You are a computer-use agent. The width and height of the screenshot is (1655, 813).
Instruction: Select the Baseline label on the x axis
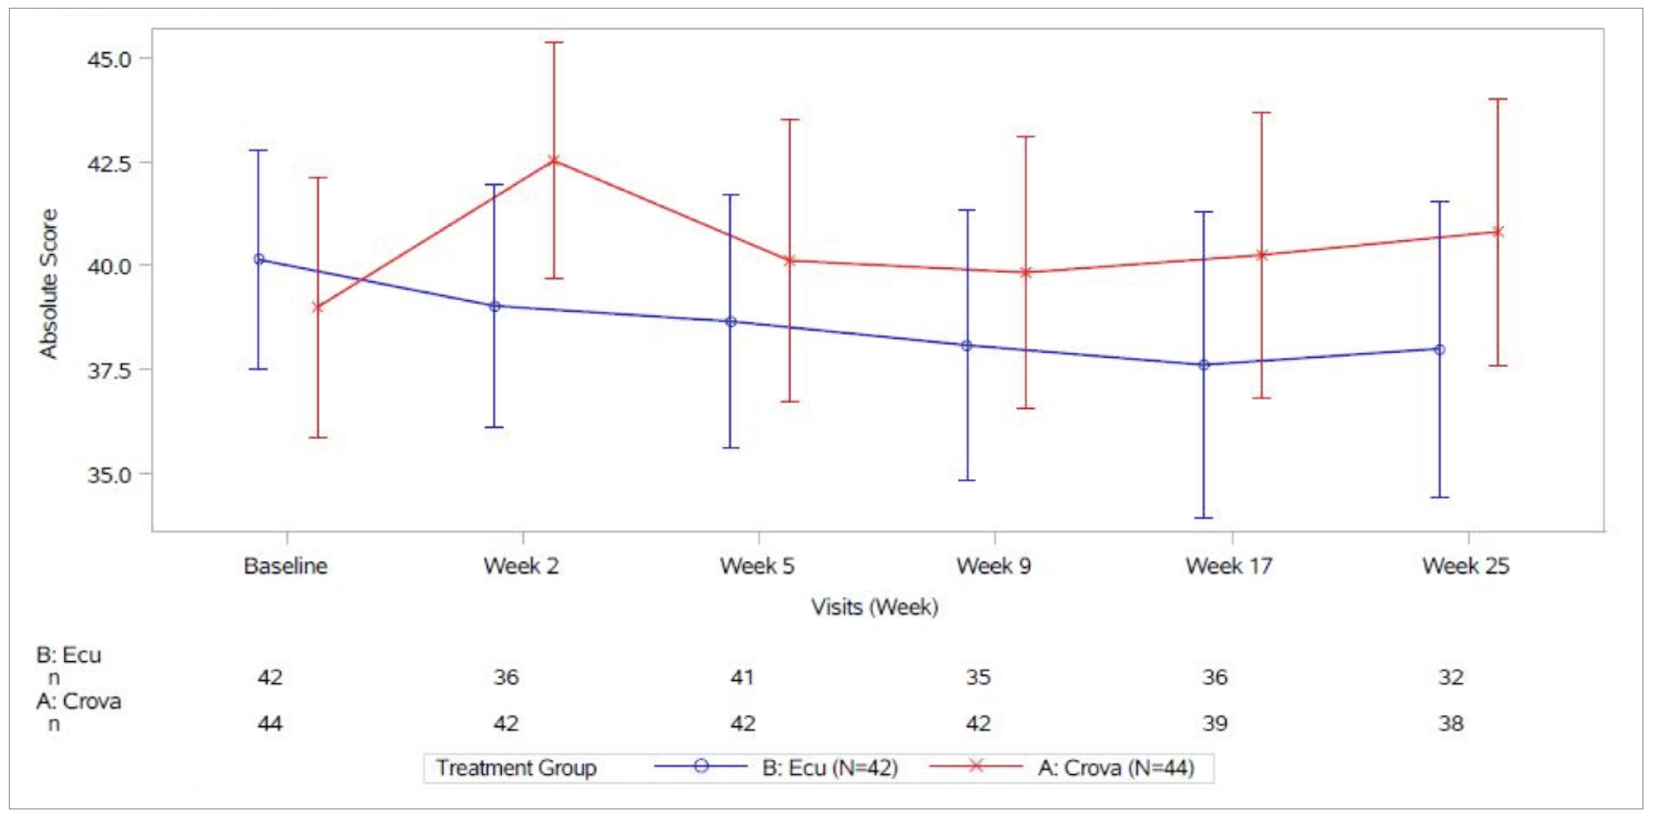pos(285,566)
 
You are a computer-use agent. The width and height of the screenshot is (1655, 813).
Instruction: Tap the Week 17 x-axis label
pos(1228,566)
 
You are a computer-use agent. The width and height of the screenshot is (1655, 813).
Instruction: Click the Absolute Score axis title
pos(49,283)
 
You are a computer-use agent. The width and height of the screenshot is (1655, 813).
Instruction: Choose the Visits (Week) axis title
pos(874,607)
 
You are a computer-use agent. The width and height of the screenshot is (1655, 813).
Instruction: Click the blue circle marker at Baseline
pos(259,259)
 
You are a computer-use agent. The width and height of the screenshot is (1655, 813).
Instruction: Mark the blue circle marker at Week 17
pos(1203,365)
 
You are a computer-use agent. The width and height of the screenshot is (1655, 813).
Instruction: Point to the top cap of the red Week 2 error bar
pos(554,42)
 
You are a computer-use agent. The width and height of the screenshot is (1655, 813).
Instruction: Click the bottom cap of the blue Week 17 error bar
pos(1203,517)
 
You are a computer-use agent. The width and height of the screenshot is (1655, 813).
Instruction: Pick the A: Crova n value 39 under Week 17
pos(1215,724)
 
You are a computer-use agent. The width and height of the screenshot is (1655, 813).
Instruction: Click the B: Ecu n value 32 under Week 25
pos(1451,677)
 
